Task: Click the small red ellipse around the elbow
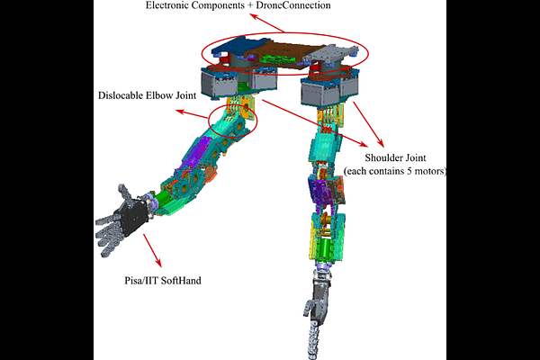click(x=232, y=118)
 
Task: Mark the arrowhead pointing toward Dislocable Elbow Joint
click(x=177, y=112)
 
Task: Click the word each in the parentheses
click(x=357, y=170)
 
